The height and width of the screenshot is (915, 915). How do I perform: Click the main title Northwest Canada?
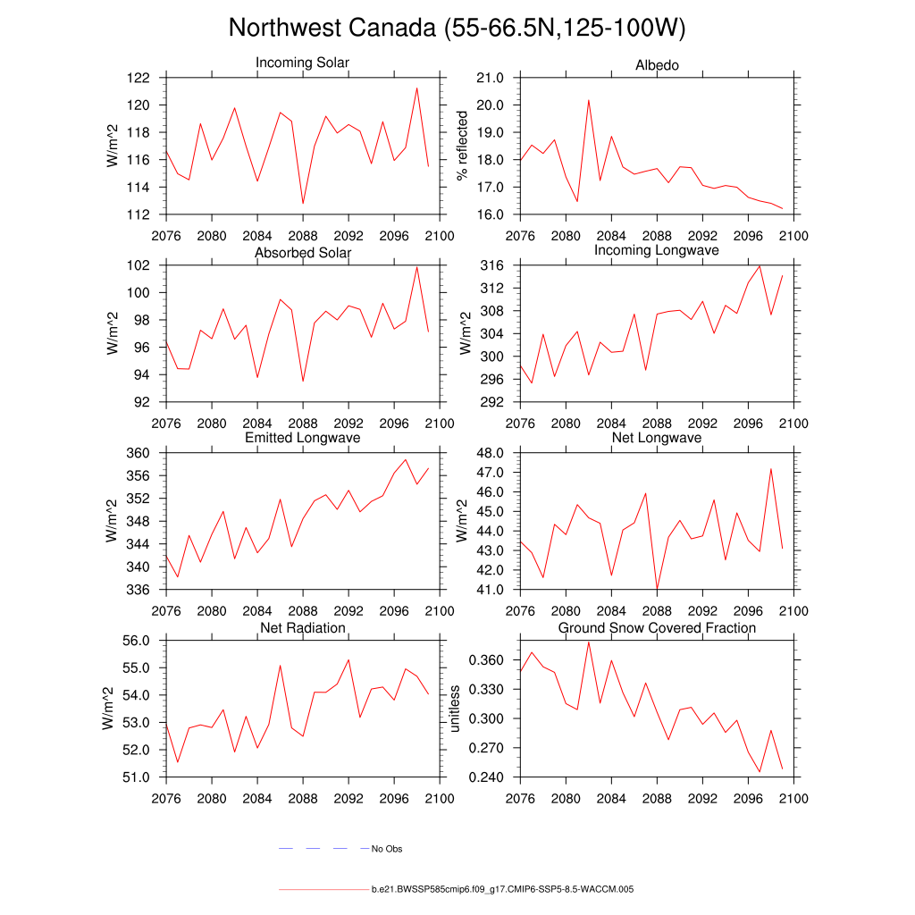coord(457,28)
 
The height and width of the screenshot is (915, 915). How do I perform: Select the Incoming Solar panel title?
coord(303,63)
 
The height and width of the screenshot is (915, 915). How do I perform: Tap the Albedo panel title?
coord(657,65)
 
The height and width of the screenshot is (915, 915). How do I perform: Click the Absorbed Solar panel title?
coord(303,253)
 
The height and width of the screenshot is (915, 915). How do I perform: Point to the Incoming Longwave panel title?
coord(657,250)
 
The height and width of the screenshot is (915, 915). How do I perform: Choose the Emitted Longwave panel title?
coord(303,438)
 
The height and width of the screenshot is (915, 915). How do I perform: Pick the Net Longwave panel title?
coord(657,438)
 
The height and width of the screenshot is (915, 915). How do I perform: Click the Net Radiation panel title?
coord(303,628)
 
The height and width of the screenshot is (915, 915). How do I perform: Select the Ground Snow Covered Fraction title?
coord(657,628)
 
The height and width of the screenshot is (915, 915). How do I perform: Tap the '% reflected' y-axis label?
coord(462,146)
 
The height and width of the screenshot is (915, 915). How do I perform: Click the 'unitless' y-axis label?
coord(455,709)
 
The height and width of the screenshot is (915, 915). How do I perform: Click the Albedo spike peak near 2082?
coord(589,100)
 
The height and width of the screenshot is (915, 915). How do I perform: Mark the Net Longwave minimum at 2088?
coord(657,589)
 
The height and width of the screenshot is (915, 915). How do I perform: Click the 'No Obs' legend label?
coord(387,849)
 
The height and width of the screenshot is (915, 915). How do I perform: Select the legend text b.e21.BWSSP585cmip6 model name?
coord(502,890)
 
